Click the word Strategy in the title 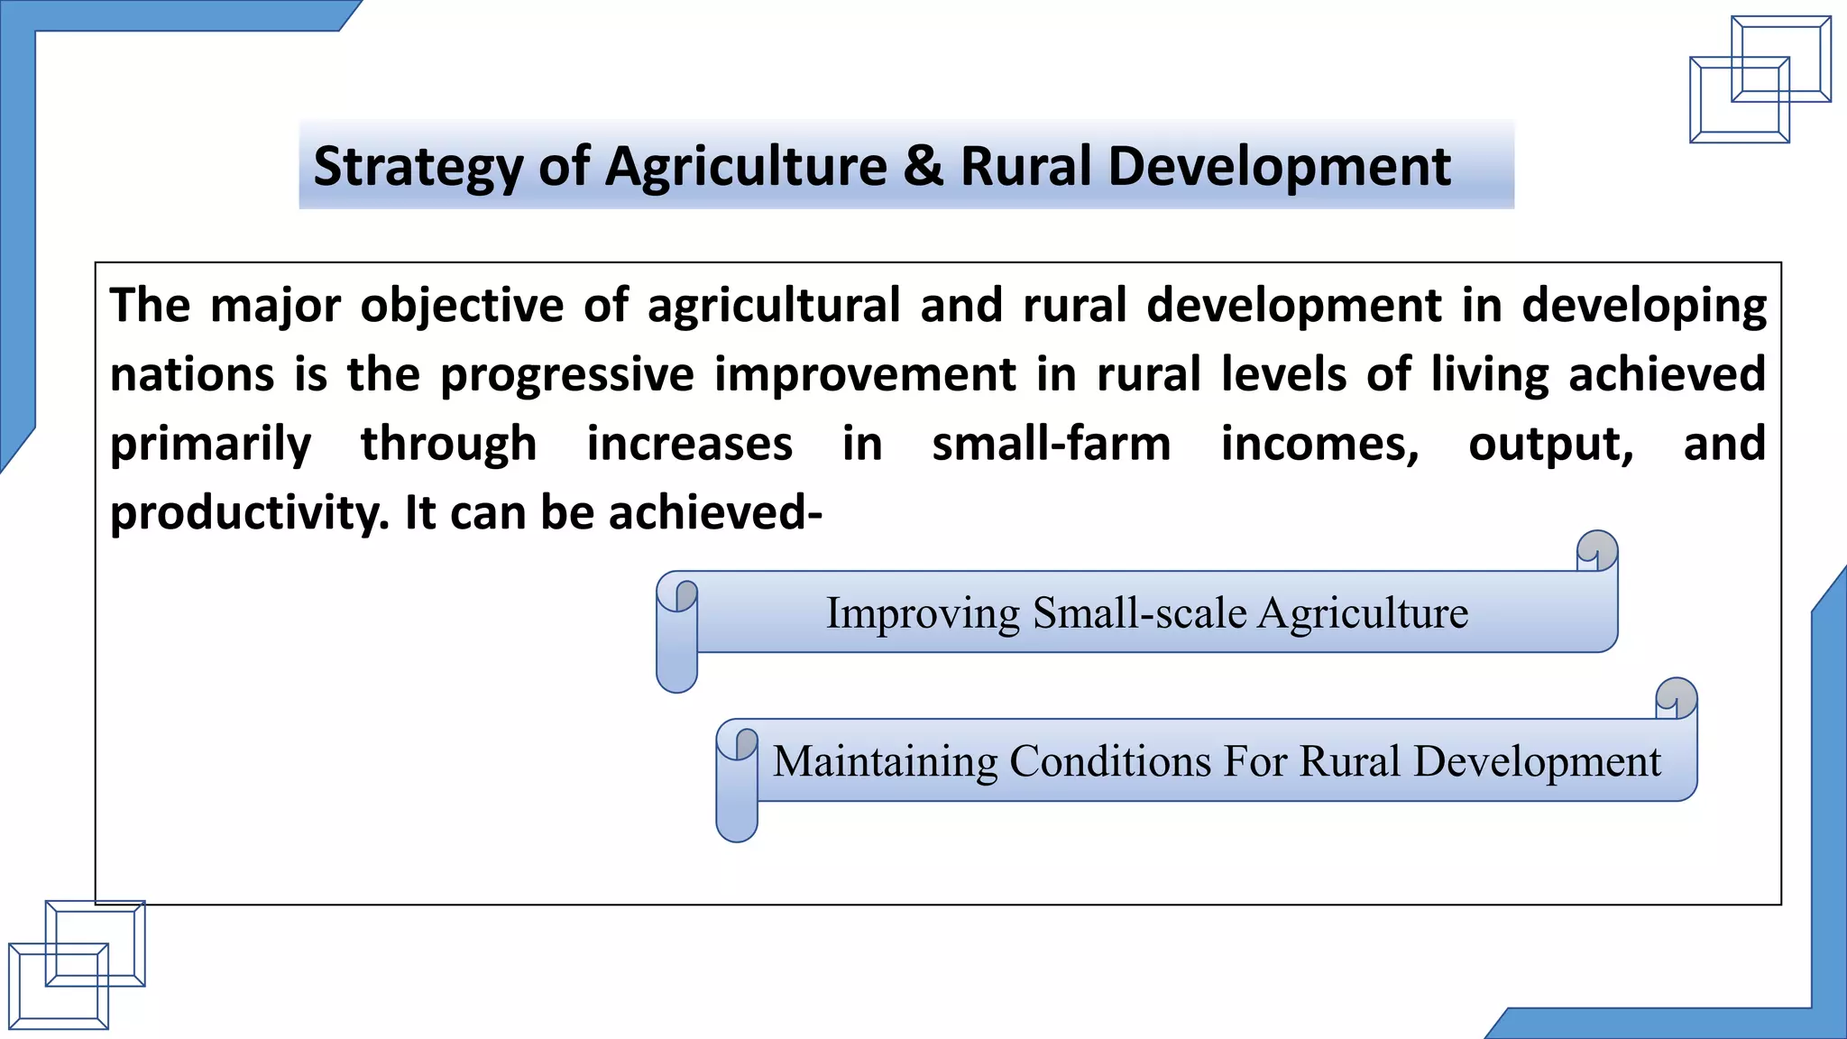click(x=418, y=168)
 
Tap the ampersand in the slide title click(x=923, y=167)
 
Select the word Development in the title click(x=1279, y=168)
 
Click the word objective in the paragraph click(x=462, y=305)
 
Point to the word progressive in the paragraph click(x=567, y=375)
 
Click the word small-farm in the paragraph click(x=1051, y=444)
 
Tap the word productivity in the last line click(x=249, y=513)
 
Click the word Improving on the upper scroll click(x=923, y=613)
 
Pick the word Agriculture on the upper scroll click(x=1363, y=613)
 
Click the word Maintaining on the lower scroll click(x=885, y=761)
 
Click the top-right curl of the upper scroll click(x=1597, y=551)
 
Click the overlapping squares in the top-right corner click(x=1760, y=79)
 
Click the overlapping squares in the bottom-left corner click(x=77, y=964)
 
